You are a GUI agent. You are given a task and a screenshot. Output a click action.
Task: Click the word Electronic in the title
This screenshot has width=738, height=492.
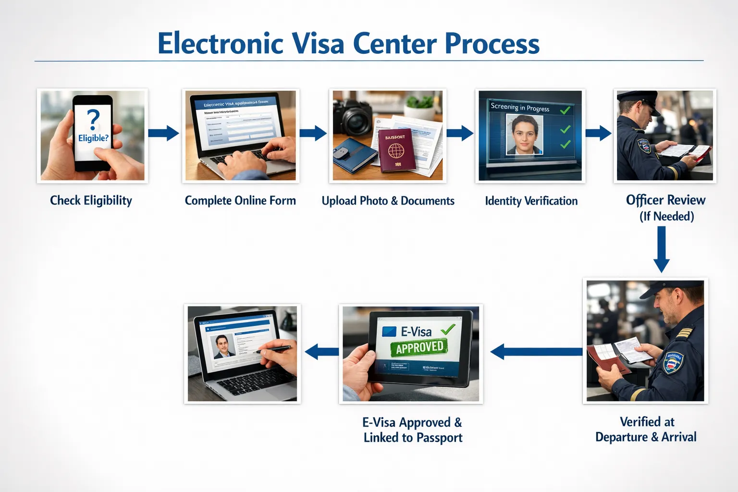[221, 44]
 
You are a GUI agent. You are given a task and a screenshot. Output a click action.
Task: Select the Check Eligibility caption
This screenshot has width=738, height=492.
[91, 200]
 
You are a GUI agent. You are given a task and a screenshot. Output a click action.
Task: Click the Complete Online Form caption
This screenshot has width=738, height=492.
[240, 200]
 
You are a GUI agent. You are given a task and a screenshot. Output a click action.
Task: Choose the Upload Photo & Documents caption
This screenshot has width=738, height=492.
[388, 201]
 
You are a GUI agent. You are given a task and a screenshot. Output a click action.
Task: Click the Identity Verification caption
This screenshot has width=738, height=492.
[531, 201]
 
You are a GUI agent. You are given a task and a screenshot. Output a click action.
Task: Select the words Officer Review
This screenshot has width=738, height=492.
[665, 200]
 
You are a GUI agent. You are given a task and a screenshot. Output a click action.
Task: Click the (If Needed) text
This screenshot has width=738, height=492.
[666, 216]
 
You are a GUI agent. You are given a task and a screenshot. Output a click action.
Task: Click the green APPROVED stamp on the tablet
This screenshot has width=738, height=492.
[419, 346]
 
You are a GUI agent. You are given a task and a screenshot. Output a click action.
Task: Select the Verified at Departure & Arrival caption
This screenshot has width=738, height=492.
[646, 429]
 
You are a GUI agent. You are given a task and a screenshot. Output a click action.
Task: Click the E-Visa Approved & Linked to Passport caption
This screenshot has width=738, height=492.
[413, 430]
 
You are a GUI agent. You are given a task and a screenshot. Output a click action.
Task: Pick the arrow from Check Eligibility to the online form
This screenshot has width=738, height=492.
[163, 133]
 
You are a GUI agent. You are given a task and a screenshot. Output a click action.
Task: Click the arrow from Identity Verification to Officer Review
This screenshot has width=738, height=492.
[598, 133]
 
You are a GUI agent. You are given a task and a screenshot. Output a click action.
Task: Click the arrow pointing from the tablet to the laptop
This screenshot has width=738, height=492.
[321, 351]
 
